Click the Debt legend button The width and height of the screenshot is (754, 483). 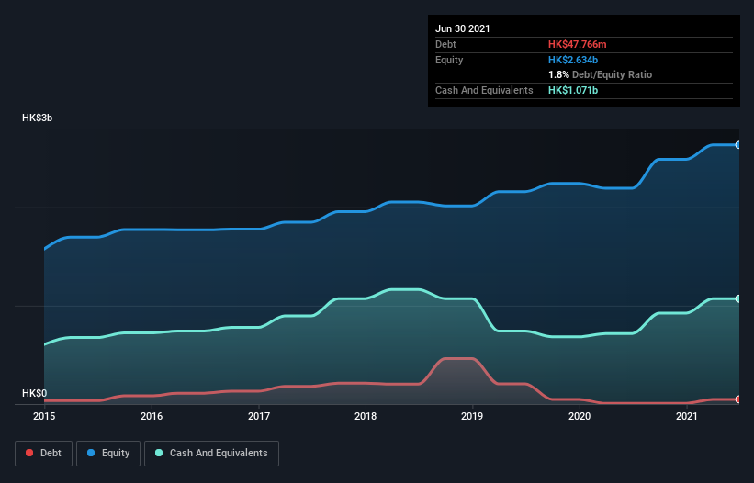click(44, 453)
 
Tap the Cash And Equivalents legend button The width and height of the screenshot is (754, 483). click(211, 453)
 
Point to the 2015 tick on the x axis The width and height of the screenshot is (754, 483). click(44, 417)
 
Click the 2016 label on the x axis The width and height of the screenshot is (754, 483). click(152, 417)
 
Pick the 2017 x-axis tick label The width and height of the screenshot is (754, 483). click(259, 417)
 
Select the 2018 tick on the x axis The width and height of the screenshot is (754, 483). click(366, 417)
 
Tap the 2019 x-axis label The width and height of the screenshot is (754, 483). click(473, 417)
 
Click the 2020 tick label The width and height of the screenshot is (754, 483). click(580, 417)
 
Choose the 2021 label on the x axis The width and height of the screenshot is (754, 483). click(687, 417)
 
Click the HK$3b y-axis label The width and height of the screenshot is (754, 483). click(39, 118)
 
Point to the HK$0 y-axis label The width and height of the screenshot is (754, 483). click(34, 393)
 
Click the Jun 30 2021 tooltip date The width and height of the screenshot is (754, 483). click(463, 28)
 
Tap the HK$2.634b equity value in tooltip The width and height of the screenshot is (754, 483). click(573, 60)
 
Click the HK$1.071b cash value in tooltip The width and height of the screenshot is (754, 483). click(573, 90)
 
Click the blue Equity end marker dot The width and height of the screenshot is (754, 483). click(737, 145)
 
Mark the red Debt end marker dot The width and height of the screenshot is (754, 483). click(737, 399)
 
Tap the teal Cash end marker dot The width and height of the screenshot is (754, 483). click(737, 298)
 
